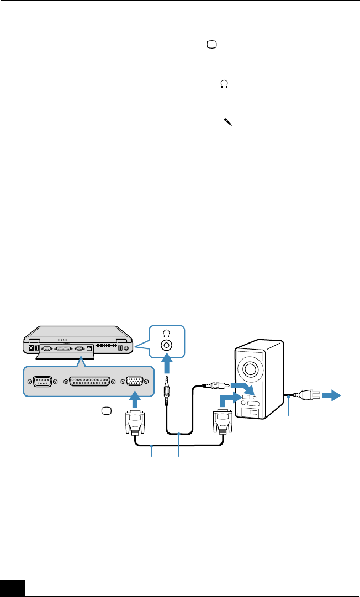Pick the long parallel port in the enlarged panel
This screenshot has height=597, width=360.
(90, 382)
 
